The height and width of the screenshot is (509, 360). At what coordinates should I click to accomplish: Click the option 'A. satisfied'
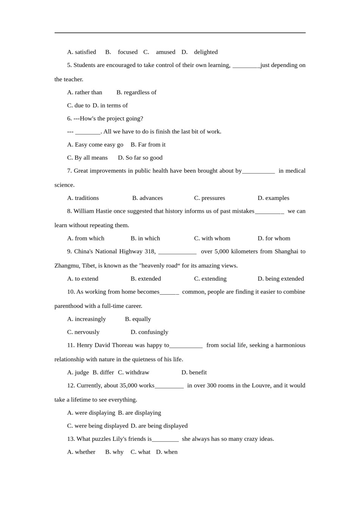tap(81, 52)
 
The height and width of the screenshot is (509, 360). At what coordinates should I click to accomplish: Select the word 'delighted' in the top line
tap(206, 52)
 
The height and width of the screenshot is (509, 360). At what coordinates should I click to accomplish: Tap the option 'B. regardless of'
tap(136, 92)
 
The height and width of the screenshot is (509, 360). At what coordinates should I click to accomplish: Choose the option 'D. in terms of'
tap(110, 105)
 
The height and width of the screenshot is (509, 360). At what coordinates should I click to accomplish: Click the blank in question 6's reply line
tap(88, 132)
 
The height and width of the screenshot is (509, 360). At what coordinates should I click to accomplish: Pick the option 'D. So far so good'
tap(140, 158)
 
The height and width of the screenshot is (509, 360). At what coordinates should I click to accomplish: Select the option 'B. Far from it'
tap(148, 145)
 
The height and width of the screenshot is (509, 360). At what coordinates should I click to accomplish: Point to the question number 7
tap(69, 171)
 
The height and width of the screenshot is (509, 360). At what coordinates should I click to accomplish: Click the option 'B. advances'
tap(147, 198)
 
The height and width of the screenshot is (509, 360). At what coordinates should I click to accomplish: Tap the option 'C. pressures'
tap(210, 198)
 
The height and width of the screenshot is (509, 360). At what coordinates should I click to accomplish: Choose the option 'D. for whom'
tap(274, 238)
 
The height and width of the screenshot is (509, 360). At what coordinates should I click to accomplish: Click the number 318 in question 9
tap(150, 251)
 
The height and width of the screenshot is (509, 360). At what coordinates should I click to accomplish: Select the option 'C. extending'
tap(210, 279)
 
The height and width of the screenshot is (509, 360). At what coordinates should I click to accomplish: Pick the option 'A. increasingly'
tap(86, 319)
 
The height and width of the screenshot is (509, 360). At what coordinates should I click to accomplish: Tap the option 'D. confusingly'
tap(149, 332)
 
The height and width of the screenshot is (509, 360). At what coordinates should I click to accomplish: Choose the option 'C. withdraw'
tap(133, 372)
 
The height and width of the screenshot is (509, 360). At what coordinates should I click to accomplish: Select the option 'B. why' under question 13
tap(114, 452)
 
